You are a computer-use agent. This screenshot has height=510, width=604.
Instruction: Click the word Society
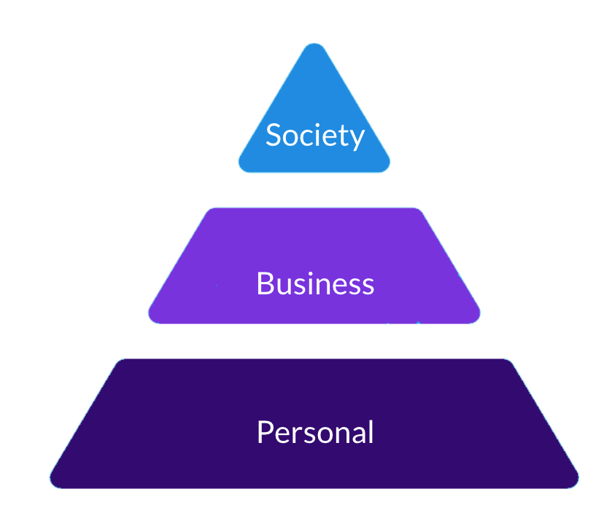tap(314, 136)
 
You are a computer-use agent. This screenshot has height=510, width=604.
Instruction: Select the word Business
tap(315, 283)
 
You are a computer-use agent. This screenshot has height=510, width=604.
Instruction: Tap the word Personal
tap(315, 432)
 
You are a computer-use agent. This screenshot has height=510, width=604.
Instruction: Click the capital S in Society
tap(273, 136)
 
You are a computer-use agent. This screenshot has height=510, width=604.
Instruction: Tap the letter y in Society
tap(357, 138)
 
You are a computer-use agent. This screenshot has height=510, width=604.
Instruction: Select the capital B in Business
tap(264, 283)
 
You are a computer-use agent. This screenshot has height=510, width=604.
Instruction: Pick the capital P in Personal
tap(264, 432)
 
